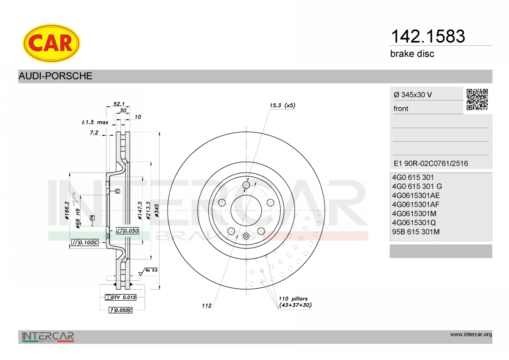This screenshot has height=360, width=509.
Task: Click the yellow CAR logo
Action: coord(51,43)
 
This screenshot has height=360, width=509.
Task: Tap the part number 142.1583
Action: coord(428,36)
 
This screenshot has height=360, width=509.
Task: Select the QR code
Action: coord(477,100)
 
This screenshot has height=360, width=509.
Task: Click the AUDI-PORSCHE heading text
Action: coord(55,76)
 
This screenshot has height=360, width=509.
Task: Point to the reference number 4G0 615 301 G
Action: coord(417,187)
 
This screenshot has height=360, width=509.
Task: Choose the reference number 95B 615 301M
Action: coord(416,232)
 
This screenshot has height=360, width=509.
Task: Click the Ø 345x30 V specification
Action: coord(413,95)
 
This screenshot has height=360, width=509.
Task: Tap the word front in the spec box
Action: coord(401,109)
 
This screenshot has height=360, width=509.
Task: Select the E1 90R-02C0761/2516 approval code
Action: coord(431,163)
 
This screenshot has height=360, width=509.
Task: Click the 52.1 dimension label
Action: coord(119,104)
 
